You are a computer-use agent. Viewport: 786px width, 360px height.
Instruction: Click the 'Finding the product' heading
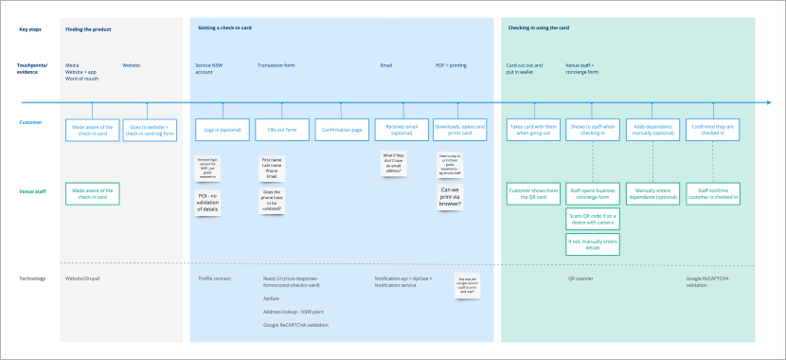(x=88, y=29)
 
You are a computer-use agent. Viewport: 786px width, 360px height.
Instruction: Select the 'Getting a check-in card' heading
(x=224, y=29)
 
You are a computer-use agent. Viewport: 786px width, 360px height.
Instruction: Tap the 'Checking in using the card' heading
(x=539, y=29)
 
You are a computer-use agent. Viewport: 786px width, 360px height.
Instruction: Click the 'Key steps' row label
(x=31, y=29)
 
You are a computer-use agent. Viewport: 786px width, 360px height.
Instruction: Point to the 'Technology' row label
(x=32, y=279)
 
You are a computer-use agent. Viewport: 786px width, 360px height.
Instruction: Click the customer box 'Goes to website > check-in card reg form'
(x=149, y=130)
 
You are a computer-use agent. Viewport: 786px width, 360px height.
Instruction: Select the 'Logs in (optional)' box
(x=223, y=130)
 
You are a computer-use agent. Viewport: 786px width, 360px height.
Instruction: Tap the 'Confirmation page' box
(x=340, y=130)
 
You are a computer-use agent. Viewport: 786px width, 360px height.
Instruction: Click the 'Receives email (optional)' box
(x=400, y=130)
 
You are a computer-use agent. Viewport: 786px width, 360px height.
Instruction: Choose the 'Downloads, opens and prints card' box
(x=459, y=130)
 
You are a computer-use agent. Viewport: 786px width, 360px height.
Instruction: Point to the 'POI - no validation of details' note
(x=207, y=201)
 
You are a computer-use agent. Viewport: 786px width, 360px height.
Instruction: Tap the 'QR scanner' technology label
(x=581, y=279)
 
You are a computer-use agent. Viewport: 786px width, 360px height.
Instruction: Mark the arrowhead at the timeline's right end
(x=766, y=102)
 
